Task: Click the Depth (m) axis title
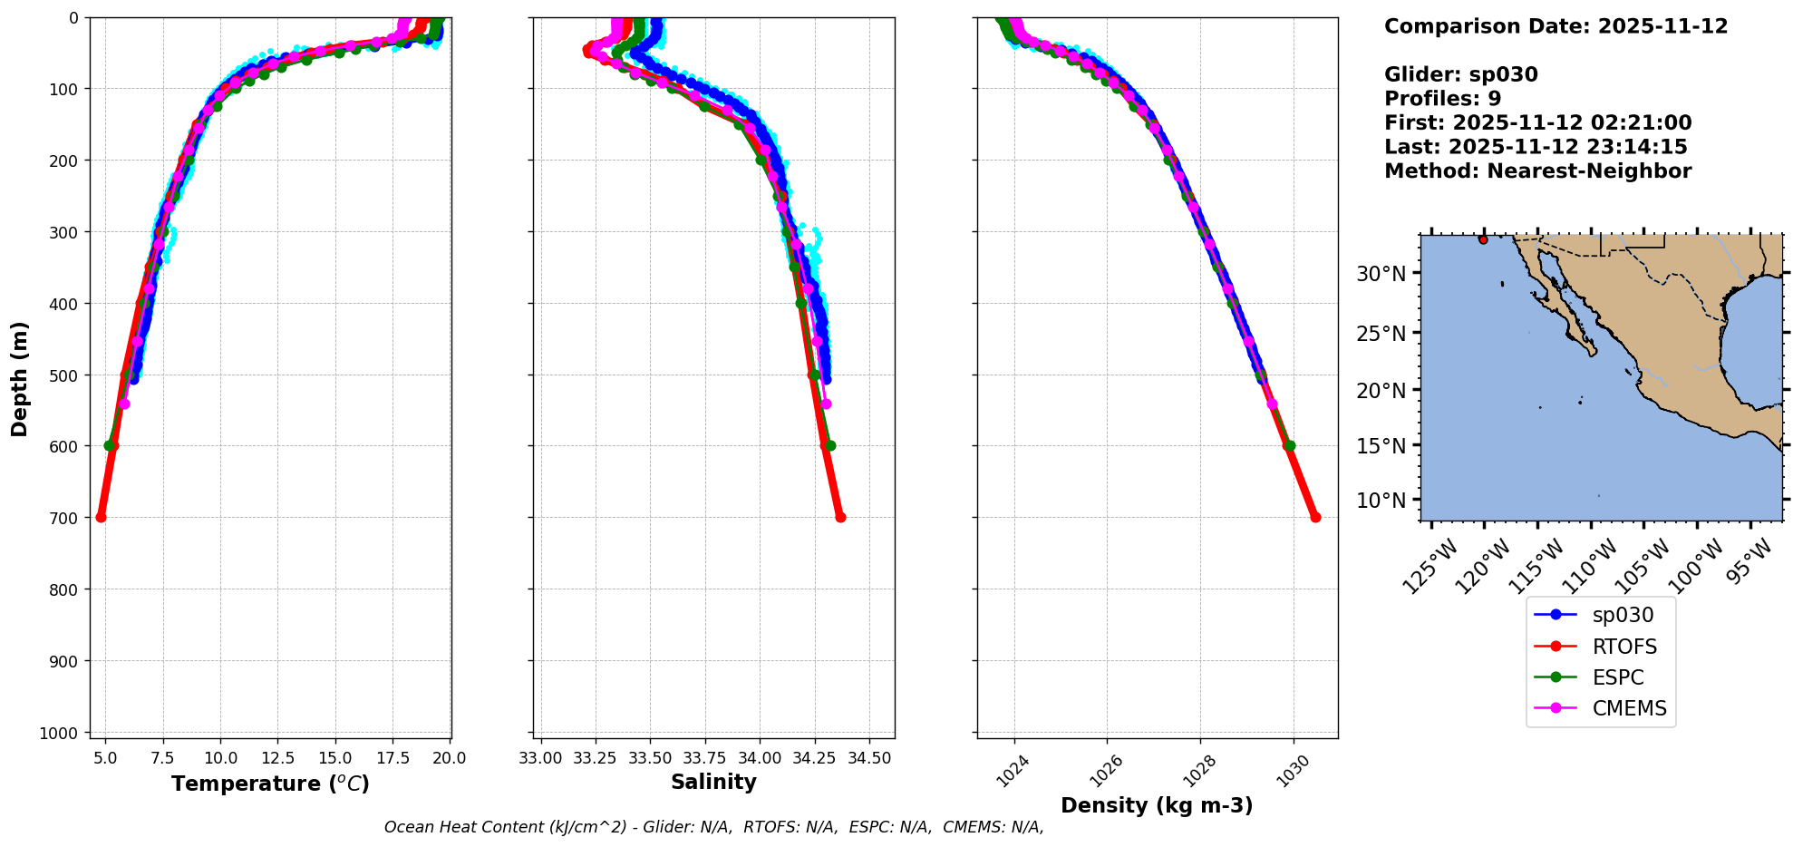coord(20,378)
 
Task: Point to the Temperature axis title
coord(270,784)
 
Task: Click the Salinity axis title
coord(713,782)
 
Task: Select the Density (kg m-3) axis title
coord(1157,805)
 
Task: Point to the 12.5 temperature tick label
coord(277,758)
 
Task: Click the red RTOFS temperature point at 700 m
coord(101,517)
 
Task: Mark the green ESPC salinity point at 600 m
coord(830,445)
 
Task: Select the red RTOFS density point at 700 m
coord(1315,517)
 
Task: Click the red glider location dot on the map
coord(1483,239)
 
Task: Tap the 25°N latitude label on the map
coord(1381,334)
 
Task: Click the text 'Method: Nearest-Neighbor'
coord(1537,171)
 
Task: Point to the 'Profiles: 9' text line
coord(1442,99)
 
